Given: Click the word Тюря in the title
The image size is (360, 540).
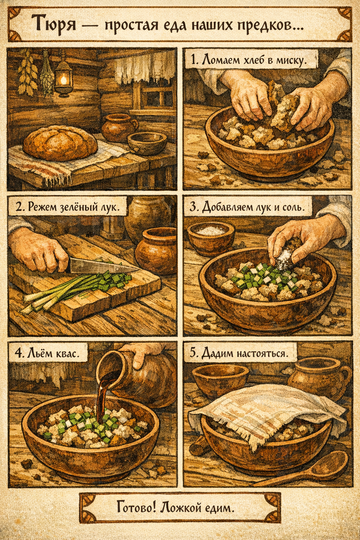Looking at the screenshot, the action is (54, 24).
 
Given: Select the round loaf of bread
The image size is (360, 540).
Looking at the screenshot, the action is (60, 143).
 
